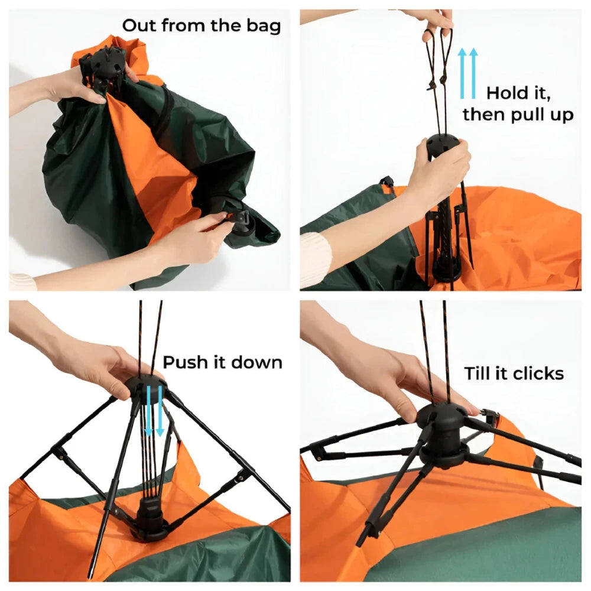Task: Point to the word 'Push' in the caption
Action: coord(185,362)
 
